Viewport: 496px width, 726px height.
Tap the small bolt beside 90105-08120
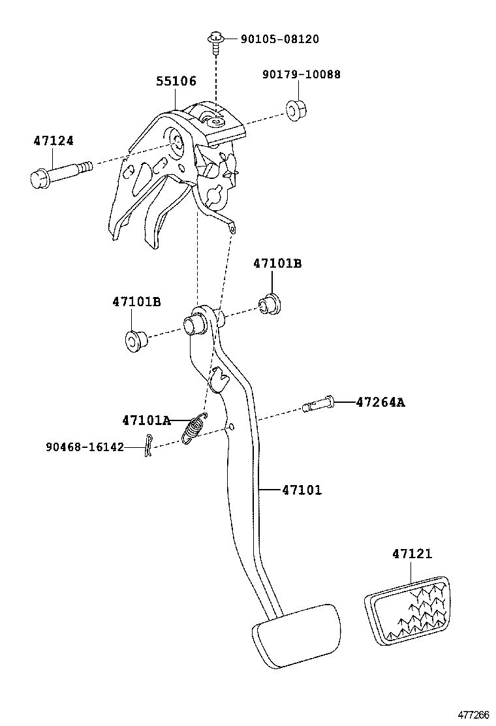[x=215, y=40]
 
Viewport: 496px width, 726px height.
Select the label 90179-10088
[x=302, y=74]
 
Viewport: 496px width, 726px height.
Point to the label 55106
[x=176, y=82]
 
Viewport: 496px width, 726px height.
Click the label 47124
[x=54, y=141]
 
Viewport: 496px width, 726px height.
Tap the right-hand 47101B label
[x=277, y=264]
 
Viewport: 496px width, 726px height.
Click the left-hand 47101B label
[x=136, y=302]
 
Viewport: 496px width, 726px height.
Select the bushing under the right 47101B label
[x=270, y=304]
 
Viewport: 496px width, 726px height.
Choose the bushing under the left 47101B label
[x=135, y=340]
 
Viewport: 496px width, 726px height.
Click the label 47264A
[x=380, y=402]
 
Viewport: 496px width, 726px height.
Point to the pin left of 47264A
[x=319, y=404]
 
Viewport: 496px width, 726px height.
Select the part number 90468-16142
[x=85, y=447]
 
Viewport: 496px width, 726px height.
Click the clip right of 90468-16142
[x=149, y=446]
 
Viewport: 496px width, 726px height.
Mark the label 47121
[x=412, y=554]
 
